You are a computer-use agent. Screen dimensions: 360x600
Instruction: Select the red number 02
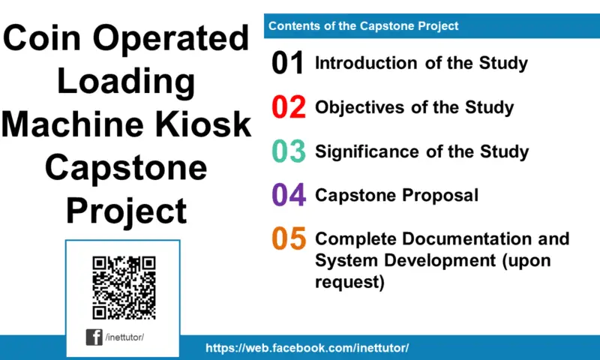point(289,108)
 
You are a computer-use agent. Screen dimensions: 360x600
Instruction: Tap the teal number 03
point(289,151)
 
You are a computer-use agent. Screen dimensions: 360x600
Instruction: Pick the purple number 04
point(289,196)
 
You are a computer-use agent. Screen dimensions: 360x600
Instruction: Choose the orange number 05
point(289,239)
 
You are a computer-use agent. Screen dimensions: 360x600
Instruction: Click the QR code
point(124,287)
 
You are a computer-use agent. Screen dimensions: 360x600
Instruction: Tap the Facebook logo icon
point(94,337)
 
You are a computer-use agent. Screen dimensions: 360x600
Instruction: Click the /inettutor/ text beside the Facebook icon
point(124,337)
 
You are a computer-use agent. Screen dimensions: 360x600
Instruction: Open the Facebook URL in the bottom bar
point(307,348)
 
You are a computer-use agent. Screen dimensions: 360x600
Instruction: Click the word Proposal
point(442,196)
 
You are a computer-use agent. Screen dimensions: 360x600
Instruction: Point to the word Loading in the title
point(126,81)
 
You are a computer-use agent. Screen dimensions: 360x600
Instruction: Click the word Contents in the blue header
point(293,26)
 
